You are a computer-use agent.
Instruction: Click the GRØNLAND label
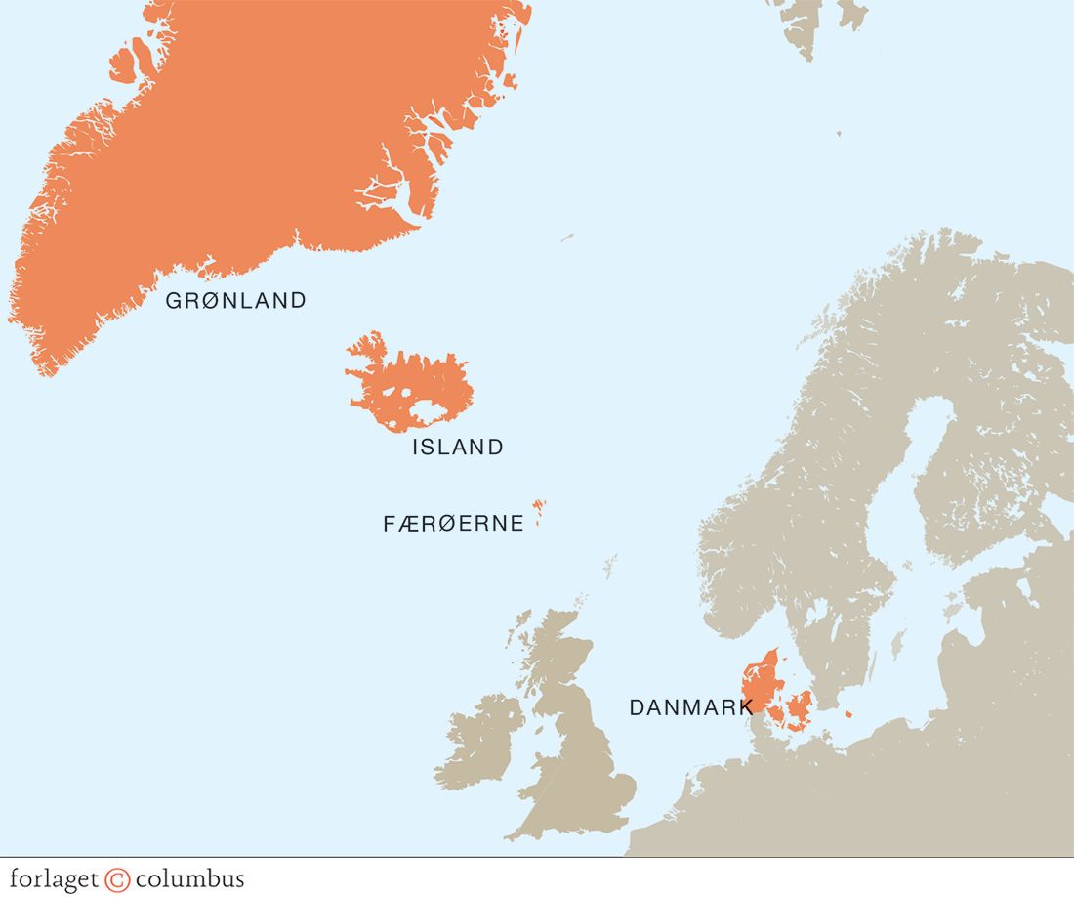point(235,301)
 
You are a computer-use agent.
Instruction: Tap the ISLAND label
point(458,448)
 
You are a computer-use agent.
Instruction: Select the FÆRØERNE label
point(453,524)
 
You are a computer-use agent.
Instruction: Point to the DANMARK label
point(690,707)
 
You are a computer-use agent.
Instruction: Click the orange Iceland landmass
point(420,391)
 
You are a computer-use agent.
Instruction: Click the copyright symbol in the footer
point(117,878)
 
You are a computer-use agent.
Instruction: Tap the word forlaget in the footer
point(54,878)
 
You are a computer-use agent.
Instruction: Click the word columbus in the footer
point(189,878)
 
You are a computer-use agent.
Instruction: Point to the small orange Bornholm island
point(847,714)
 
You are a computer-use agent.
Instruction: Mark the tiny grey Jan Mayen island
point(567,236)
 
